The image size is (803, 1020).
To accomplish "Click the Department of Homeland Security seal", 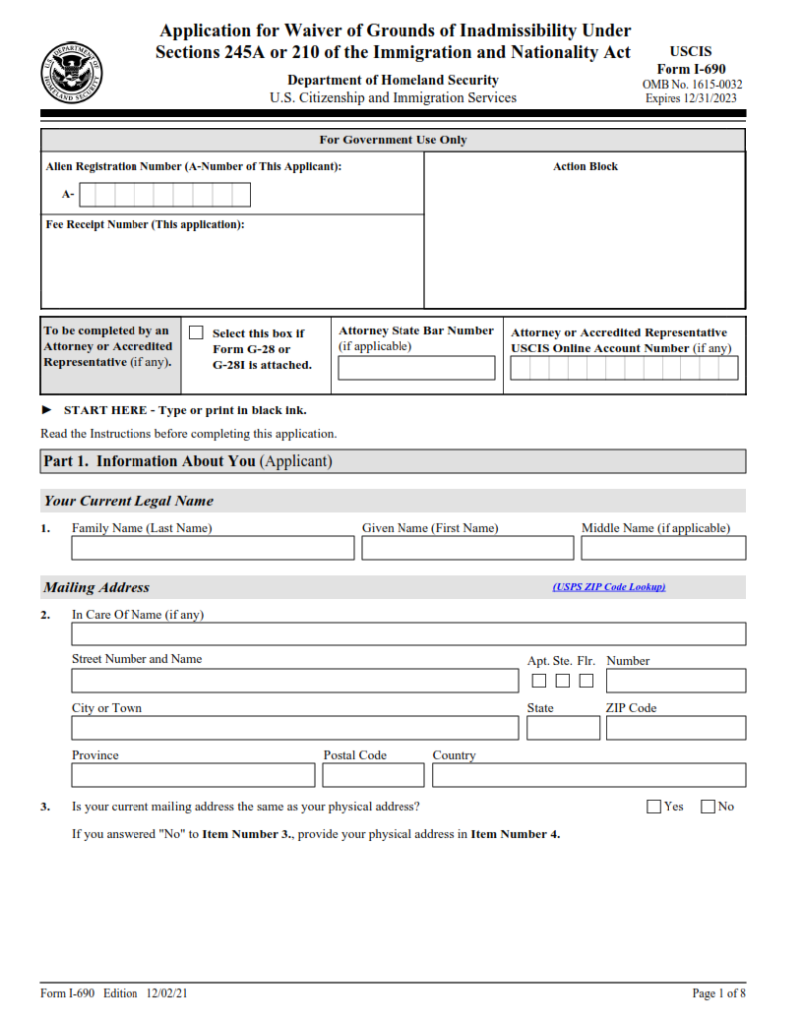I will tap(71, 73).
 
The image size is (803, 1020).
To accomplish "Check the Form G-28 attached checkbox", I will tap(196, 333).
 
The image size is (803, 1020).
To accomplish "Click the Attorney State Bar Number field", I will tap(415, 368).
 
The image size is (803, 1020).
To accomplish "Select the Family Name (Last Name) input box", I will tap(212, 548).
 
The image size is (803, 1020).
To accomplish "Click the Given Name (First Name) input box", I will tap(467, 548).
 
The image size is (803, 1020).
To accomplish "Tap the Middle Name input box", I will tap(664, 548).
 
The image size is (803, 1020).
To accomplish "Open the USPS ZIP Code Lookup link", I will tap(608, 587).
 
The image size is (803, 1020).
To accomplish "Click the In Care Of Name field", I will tap(408, 635).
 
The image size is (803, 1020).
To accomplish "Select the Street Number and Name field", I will tap(295, 681).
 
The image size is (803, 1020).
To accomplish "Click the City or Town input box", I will tap(295, 728).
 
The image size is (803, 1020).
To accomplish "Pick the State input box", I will tap(563, 728).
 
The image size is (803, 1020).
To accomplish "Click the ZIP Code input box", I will tap(675, 728).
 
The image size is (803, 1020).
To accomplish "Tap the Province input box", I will tap(193, 775).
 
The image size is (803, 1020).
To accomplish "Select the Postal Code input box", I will tap(374, 775).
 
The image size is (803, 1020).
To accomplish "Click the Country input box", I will tap(589, 775).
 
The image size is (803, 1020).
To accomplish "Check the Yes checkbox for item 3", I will tap(654, 807).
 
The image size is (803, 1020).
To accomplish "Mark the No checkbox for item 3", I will tap(708, 807).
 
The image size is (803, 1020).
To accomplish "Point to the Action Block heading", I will tap(585, 167).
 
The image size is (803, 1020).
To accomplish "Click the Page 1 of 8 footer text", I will tap(718, 993).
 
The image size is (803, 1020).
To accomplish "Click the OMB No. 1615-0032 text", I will tap(691, 85).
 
